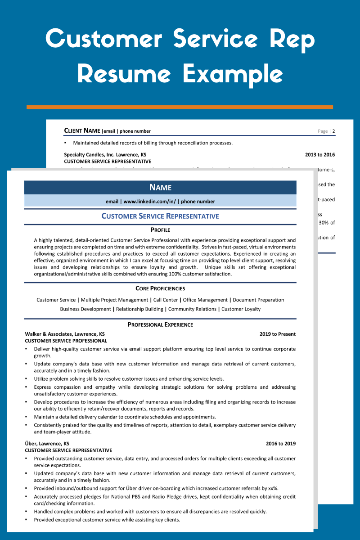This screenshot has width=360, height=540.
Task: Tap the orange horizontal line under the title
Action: pos(180,107)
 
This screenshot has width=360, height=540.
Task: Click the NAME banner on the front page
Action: pos(160,188)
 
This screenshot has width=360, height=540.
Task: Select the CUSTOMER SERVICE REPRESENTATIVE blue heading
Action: pos(160,216)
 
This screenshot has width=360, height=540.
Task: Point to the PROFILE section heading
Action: pos(160,230)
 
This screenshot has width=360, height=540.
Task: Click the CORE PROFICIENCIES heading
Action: pos(160,288)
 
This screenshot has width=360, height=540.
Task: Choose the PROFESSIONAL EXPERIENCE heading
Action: pos(160,324)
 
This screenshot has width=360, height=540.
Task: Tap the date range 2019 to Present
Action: pos(278,334)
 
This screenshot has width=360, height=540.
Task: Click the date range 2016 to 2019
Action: pos(281,443)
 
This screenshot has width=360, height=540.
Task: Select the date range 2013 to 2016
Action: pos(320,154)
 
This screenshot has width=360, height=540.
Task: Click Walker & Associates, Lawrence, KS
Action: pos(65,334)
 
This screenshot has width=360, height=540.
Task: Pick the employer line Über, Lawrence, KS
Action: pos(47,443)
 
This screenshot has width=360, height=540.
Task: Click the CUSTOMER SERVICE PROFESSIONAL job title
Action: pos(66,341)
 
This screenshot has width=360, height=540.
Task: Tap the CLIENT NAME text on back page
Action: pos(82,131)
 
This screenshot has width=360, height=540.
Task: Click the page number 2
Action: pos(334,131)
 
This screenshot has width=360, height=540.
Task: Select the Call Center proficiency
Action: pos(165,300)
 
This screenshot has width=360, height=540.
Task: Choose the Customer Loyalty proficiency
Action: pos(241,309)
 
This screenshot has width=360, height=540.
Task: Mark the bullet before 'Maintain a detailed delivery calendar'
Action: pos(27,417)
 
